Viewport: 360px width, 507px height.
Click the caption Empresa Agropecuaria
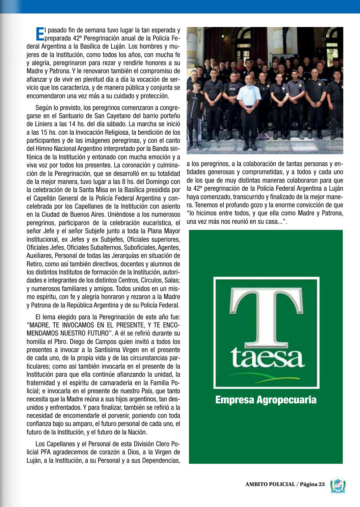(x=266, y=400)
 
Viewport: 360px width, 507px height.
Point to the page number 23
(x=321, y=484)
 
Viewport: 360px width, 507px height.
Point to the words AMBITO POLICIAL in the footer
(x=270, y=484)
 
